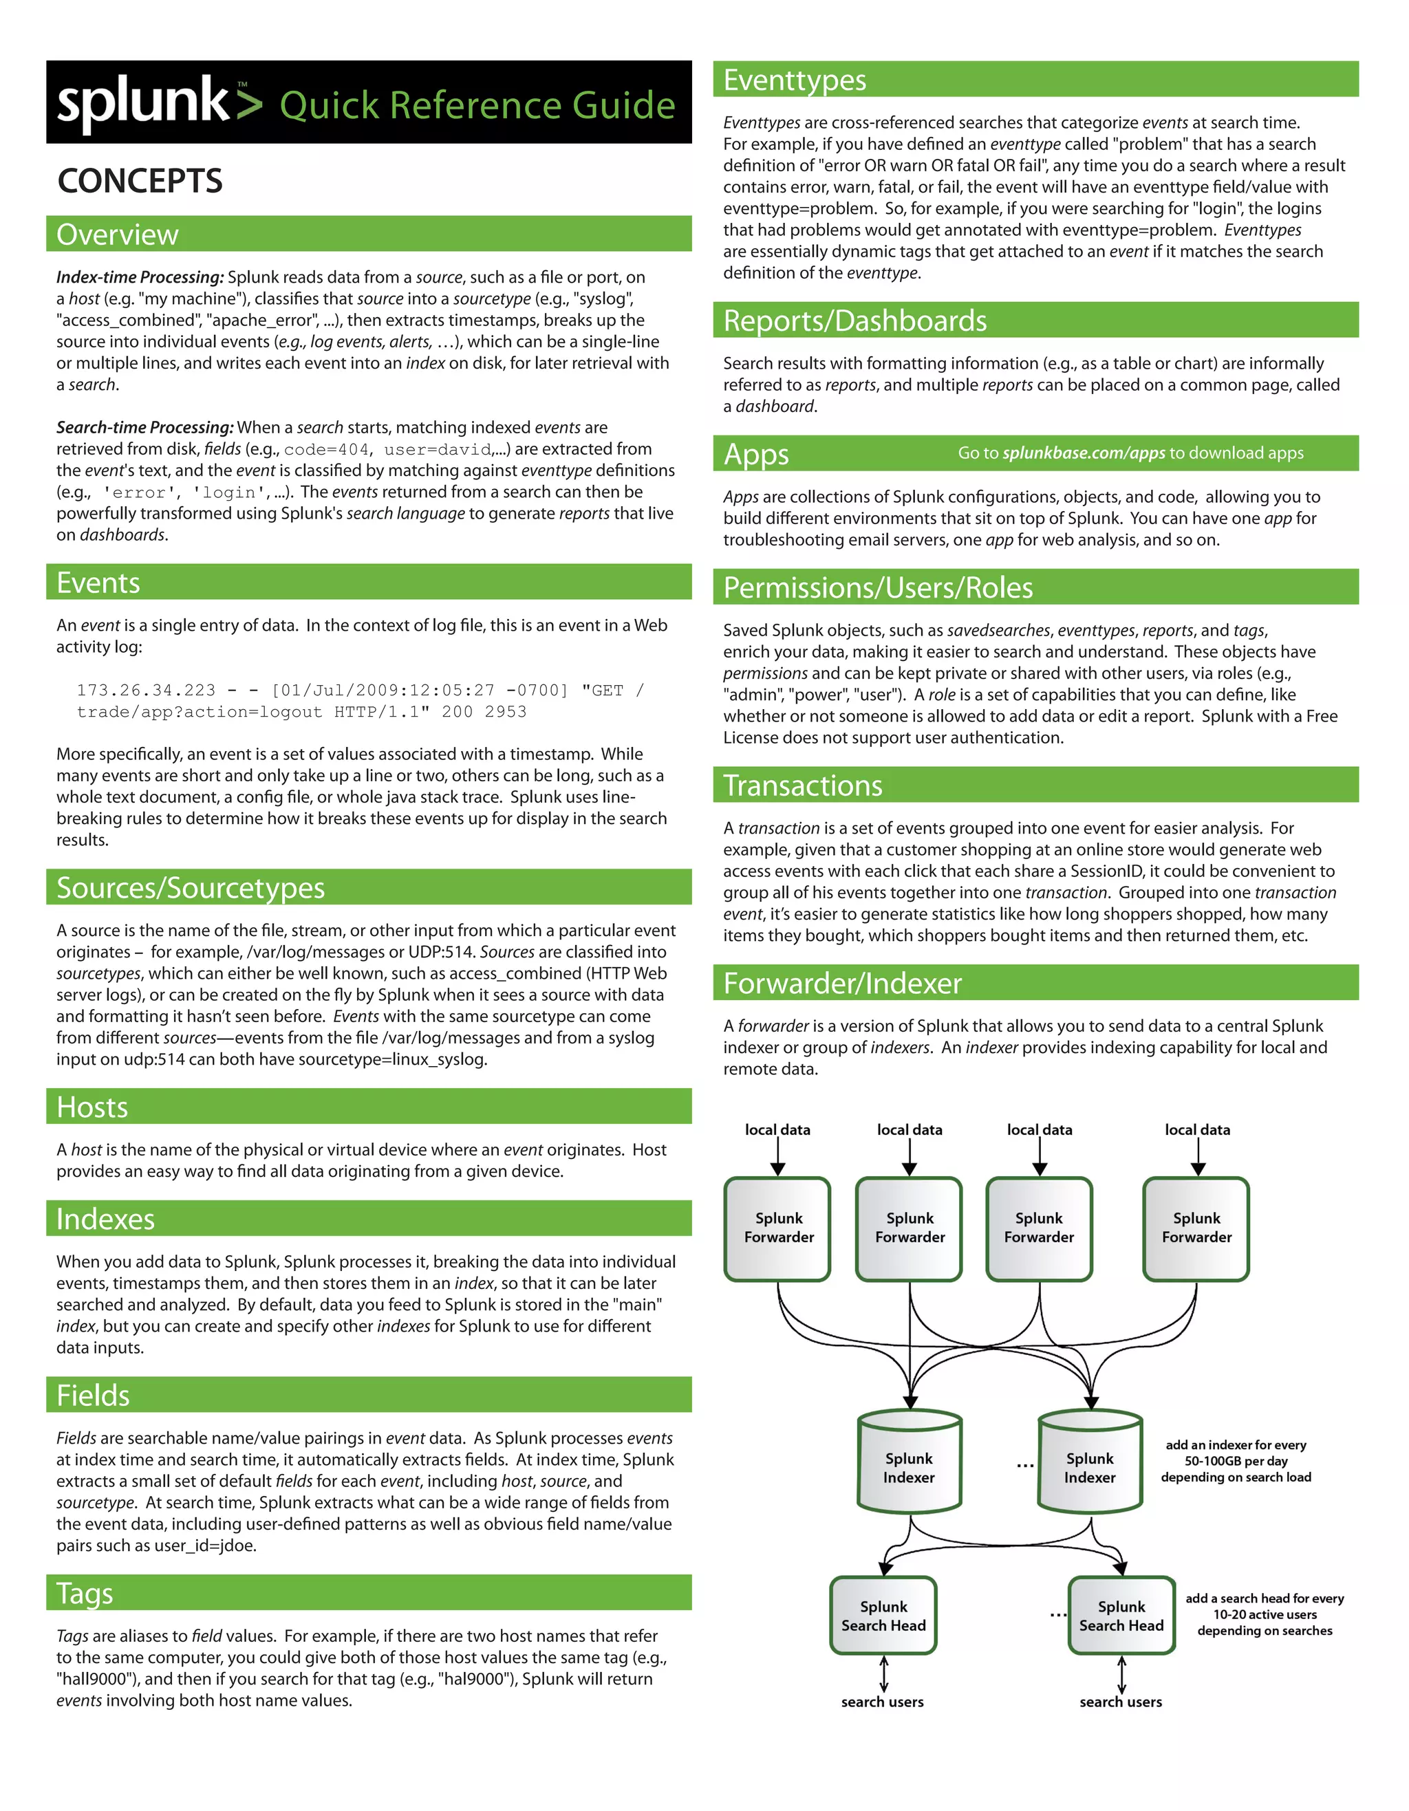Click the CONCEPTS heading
click(x=140, y=181)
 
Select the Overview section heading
click(x=117, y=235)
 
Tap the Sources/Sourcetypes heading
click(x=190, y=888)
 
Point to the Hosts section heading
click(x=92, y=1107)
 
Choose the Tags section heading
click(x=85, y=1593)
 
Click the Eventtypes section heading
click(x=795, y=80)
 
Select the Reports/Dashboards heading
click(x=854, y=321)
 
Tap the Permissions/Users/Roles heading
click(x=877, y=587)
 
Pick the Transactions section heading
click(x=802, y=785)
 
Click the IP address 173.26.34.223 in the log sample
click(x=146, y=690)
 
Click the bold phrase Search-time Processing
click(x=144, y=427)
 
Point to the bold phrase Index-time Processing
click(x=140, y=277)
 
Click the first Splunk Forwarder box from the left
click(x=778, y=1228)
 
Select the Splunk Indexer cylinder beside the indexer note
click(x=1090, y=1467)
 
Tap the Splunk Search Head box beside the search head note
click(x=1121, y=1615)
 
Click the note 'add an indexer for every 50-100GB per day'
click(x=1235, y=1460)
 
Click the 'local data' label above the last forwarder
click(x=1196, y=1129)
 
